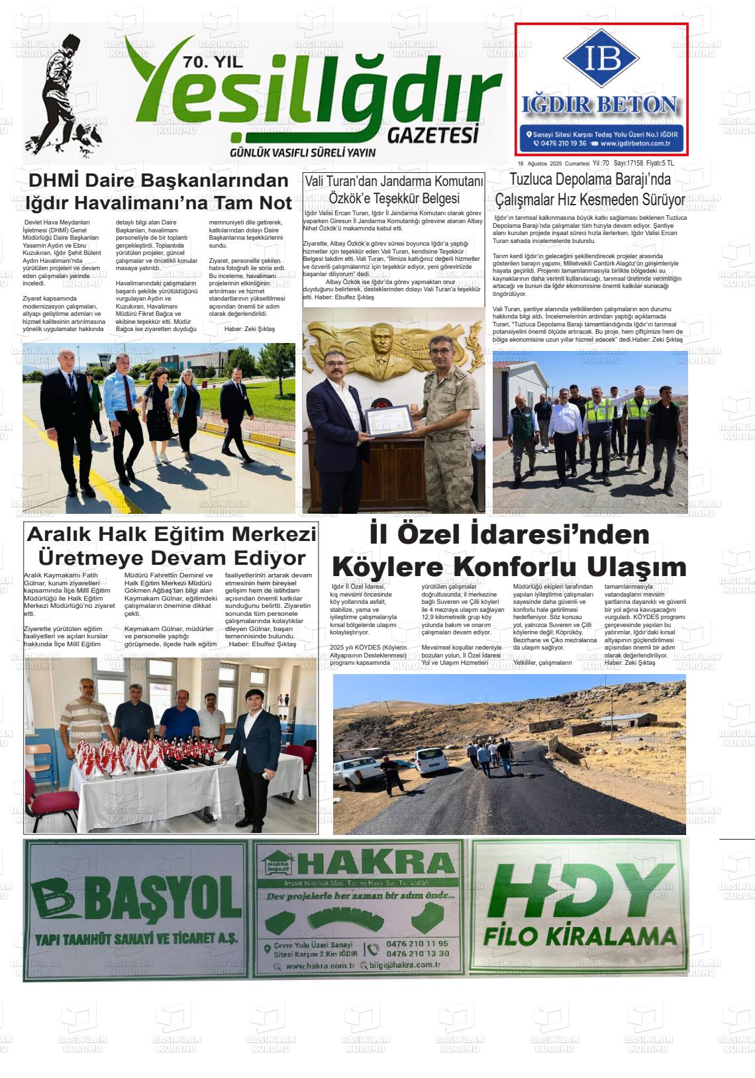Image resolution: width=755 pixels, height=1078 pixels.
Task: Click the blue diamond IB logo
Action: point(601,58)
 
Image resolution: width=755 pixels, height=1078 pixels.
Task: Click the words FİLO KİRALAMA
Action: point(579,936)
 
